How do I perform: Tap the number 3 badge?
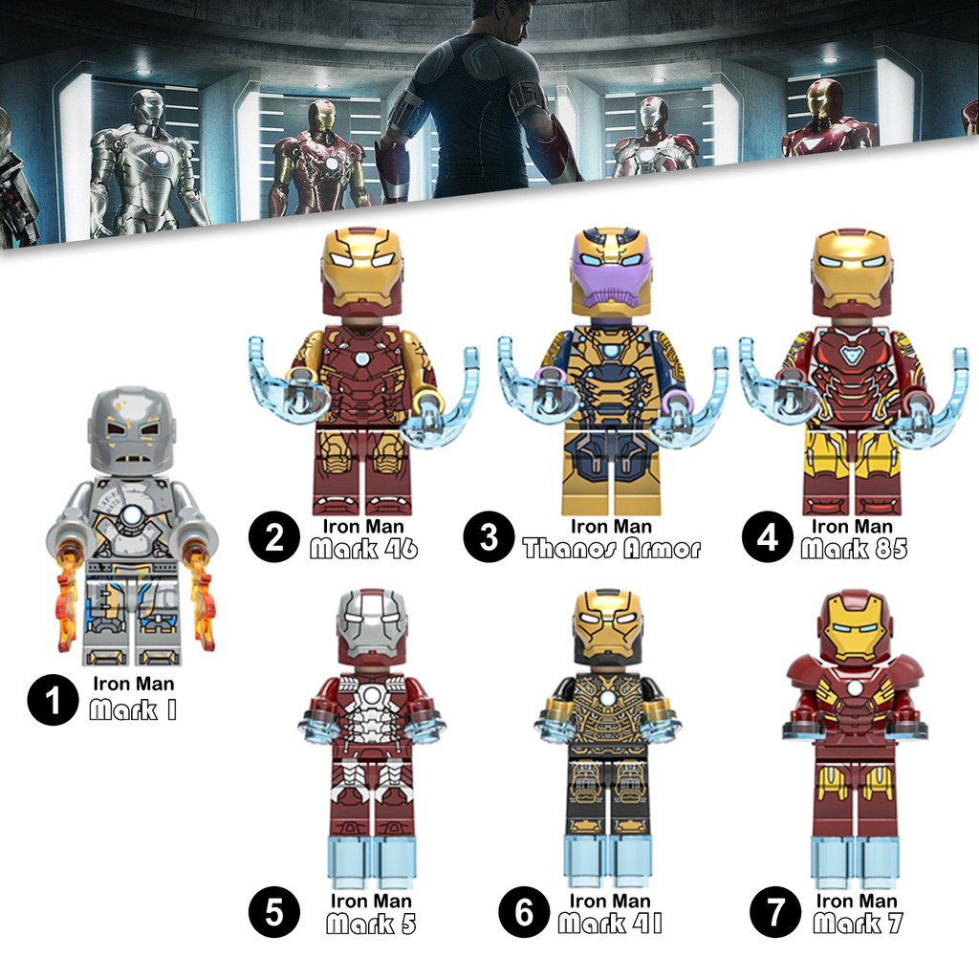coord(489,537)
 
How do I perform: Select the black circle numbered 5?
coord(274,912)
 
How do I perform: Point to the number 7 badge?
coord(774,912)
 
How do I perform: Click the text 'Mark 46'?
coord(363,549)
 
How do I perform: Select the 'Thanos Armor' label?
coord(612,549)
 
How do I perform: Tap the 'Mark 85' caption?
coord(854,549)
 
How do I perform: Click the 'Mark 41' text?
coord(609,924)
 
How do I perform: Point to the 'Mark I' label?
coord(133,710)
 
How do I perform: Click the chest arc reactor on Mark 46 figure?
coord(361,359)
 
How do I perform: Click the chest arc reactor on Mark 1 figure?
coord(132,515)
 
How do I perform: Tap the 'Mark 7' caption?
coord(858,924)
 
